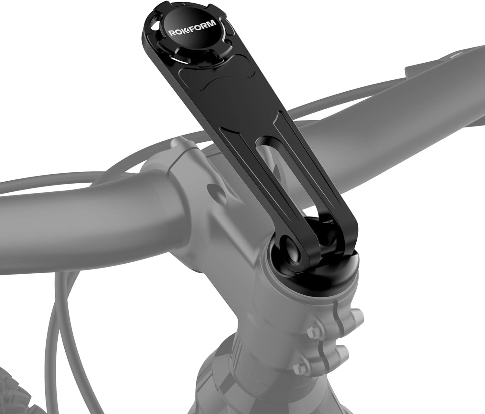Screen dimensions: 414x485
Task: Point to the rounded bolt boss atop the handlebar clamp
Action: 179,144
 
